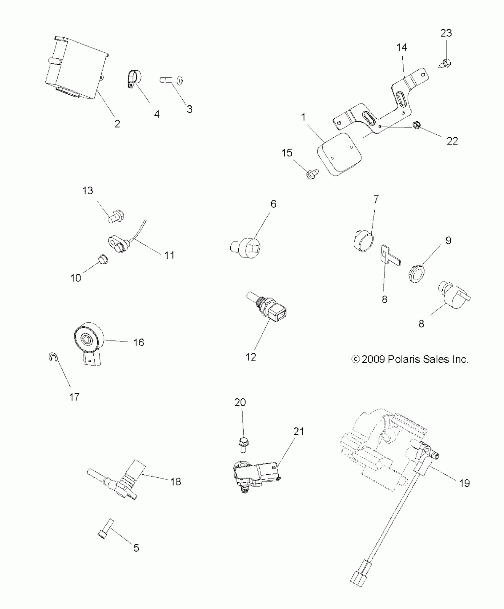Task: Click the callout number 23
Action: click(x=446, y=33)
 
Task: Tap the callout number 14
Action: click(x=402, y=47)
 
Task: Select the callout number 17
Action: click(x=74, y=397)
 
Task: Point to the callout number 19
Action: click(x=465, y=483)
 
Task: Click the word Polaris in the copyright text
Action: click(x=404, y=360)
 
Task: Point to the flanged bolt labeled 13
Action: click(x=115, y=216)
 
